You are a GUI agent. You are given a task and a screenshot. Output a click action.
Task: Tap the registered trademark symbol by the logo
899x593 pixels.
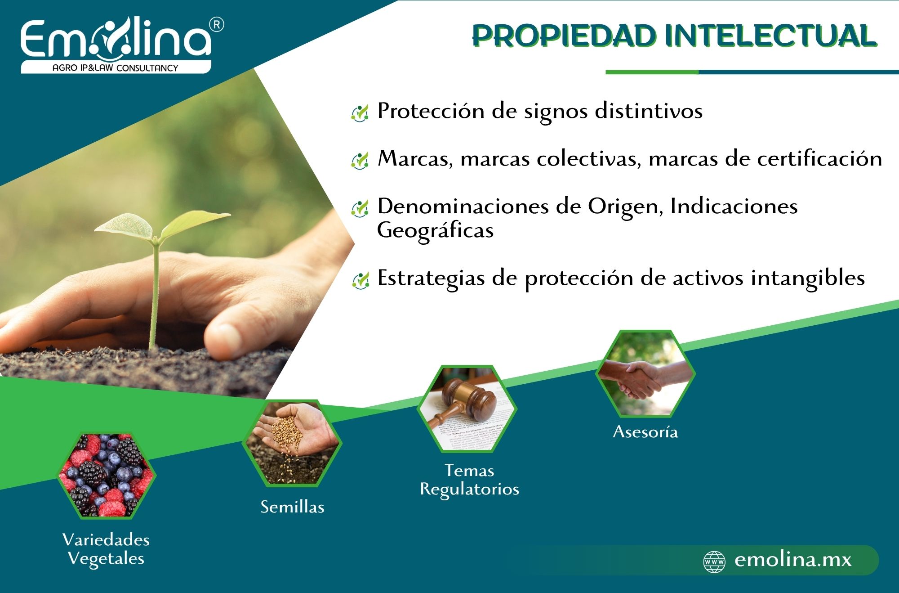coord(217,25)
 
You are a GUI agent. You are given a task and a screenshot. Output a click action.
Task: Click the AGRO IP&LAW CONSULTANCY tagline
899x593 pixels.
coord(116,68)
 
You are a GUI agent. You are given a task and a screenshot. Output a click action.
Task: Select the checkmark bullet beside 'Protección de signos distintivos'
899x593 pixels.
coord(360,112)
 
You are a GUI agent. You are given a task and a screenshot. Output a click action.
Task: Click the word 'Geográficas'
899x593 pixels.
coord(435,230)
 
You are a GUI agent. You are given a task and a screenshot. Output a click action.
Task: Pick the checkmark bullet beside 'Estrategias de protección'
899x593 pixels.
coord(360,280)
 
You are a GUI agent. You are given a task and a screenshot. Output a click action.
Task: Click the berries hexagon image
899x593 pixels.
coord(106,475)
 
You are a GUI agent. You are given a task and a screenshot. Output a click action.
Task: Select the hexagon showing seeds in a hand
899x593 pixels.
coord(292,443)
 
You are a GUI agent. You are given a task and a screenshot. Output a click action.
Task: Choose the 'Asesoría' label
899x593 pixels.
coord(645,432)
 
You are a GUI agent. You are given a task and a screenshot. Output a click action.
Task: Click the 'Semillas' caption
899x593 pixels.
coord(293,507)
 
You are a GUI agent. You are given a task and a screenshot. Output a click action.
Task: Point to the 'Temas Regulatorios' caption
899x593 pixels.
coord(469,480)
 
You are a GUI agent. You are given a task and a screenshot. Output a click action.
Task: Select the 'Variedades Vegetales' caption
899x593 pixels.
coord(106,549)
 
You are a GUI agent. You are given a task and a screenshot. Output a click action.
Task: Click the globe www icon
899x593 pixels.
coord(714,562)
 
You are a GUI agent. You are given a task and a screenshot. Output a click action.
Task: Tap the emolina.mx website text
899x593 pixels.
coord(793,560)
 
